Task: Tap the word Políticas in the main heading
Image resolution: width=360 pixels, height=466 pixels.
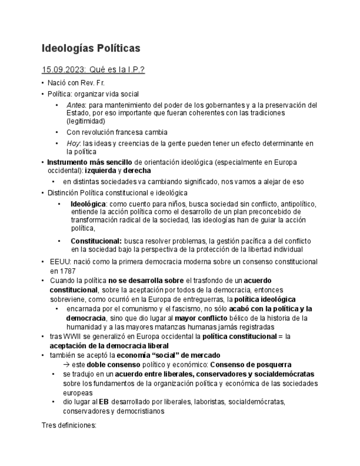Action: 119,48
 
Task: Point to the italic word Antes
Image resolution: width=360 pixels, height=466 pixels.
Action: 76,104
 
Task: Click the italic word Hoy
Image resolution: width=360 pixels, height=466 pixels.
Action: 73,143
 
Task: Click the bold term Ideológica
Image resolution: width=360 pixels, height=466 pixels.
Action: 88,204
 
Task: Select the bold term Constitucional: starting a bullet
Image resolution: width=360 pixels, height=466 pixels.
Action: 96,241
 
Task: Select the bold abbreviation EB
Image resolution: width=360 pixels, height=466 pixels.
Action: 103,402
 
